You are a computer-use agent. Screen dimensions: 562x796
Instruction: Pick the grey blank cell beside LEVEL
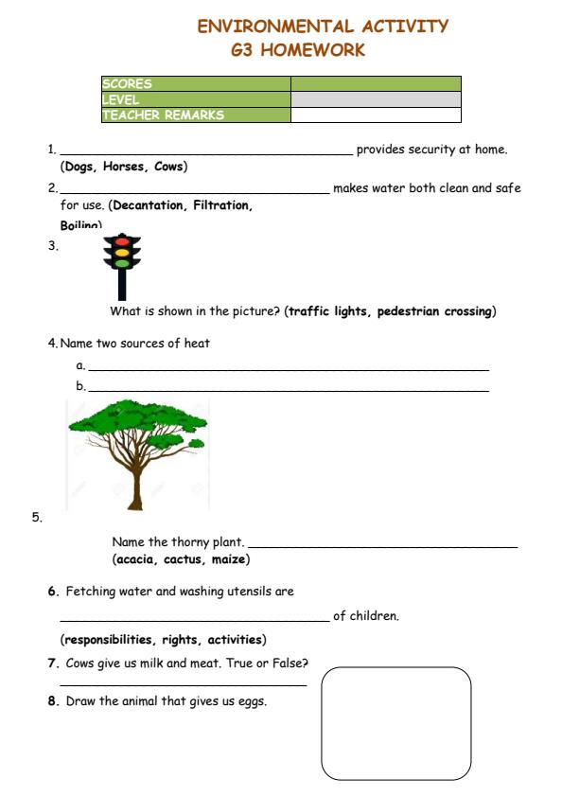376,99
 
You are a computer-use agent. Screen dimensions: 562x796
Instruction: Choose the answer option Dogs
79,168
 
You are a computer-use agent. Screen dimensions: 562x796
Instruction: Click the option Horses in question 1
123,168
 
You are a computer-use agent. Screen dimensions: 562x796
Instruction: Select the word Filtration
223,205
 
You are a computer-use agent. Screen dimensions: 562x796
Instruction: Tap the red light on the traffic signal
120,241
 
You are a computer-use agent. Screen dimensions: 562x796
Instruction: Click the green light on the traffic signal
120,264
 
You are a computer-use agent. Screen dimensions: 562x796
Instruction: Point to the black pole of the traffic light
121,286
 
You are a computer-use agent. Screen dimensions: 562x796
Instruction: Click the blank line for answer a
289,368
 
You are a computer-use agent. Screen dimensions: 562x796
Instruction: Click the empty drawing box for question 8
395,723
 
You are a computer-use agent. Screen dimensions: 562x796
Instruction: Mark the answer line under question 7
183,684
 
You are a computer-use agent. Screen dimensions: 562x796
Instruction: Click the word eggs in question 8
252,702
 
